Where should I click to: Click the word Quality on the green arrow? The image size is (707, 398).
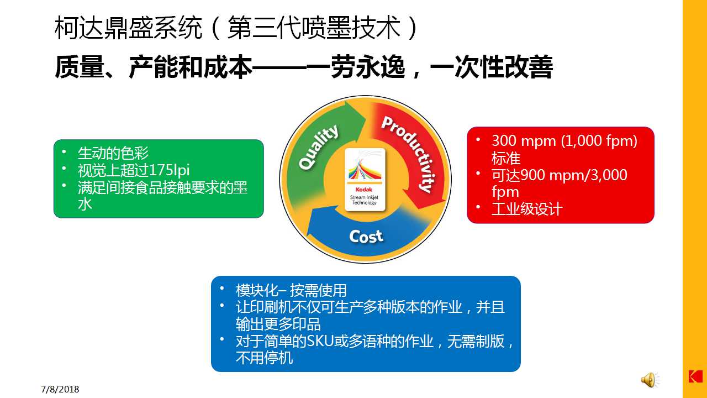[319, 147]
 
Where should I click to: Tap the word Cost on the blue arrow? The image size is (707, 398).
[366, 236]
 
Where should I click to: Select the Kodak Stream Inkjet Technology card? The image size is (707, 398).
[365, 180]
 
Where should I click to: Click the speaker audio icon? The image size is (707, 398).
[650, 379]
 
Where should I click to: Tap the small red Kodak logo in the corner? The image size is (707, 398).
[695, 376]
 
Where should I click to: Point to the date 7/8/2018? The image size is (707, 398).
[60, 389]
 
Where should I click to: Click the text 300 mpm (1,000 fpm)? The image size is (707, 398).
[564, 141]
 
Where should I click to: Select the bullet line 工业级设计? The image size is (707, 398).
[527, 209]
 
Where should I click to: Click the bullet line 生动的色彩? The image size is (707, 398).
[113, 153]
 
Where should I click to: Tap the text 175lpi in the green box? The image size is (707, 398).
[169, 170]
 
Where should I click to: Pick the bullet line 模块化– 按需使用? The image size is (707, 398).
[291, 290]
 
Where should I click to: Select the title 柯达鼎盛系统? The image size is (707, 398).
[128, 28]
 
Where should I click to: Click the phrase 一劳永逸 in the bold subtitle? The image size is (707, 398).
[356, 67]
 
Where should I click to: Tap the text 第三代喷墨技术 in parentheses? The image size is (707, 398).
[314, 28]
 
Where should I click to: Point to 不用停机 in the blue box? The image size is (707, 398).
[264, 358]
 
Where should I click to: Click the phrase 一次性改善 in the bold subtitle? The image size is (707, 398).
[492, 67]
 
